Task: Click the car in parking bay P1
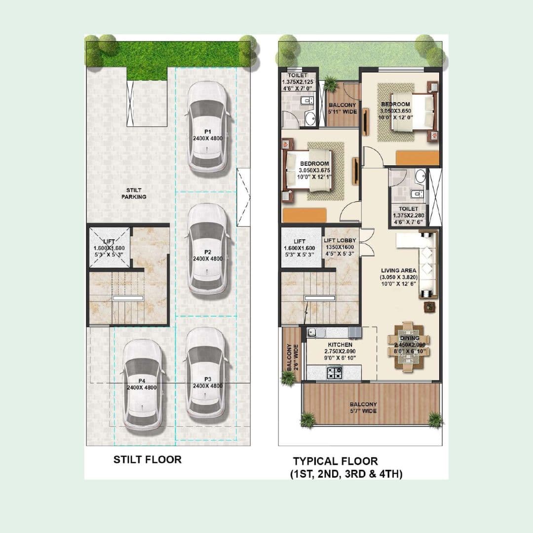click(208, 127)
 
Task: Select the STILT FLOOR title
click(148, 459)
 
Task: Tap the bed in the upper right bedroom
click(414, 113)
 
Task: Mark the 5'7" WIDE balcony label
click(363, 408)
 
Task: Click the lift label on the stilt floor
click(109, 245)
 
